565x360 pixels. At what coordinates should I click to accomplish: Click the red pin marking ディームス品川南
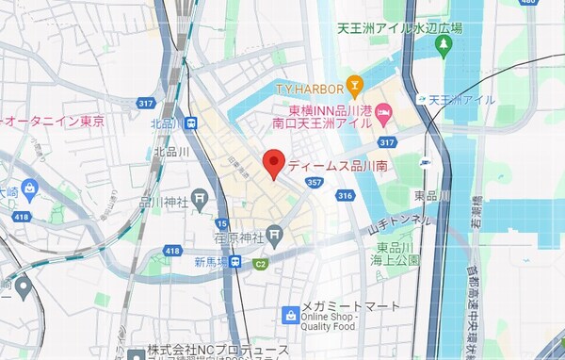pyautogui.click(x=273, y=163)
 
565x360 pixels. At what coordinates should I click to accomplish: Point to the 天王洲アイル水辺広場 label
pyautogui.click(x=401, y=28)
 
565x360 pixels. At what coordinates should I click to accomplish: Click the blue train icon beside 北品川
pyautogui.click(x=191, y=123)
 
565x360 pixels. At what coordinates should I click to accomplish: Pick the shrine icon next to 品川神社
pyautogui.click(x=199, y=198)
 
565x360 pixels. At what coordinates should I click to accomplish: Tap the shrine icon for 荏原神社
pyautogui.click(x=273, y=233)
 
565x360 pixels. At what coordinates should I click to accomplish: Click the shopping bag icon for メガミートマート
pyautogui.click(x=292, y=314)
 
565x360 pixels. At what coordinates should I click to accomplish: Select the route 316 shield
pyautogui.click(x=345, y=195)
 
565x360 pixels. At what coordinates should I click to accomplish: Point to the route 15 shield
pyautogui.click(x=223, y=222)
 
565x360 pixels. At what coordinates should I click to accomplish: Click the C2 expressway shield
pyautogui.click(x=260, y=264)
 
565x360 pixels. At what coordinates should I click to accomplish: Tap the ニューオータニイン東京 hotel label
pyautogui.click(x=52, y=121)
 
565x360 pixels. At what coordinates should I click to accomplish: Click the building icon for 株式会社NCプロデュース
pyautogui.click(x=137, y=354)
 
